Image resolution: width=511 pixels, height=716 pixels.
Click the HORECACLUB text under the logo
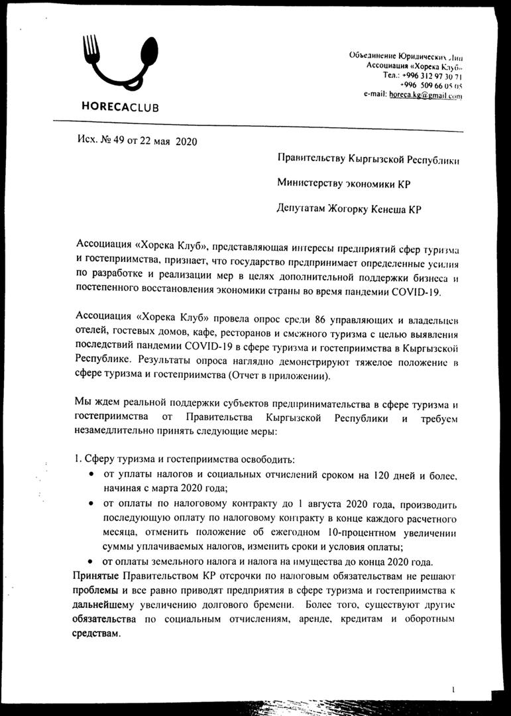tap(120, 107)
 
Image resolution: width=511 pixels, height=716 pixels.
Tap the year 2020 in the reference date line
tap(186, 141)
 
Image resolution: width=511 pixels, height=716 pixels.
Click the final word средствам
tap(98, 634)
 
